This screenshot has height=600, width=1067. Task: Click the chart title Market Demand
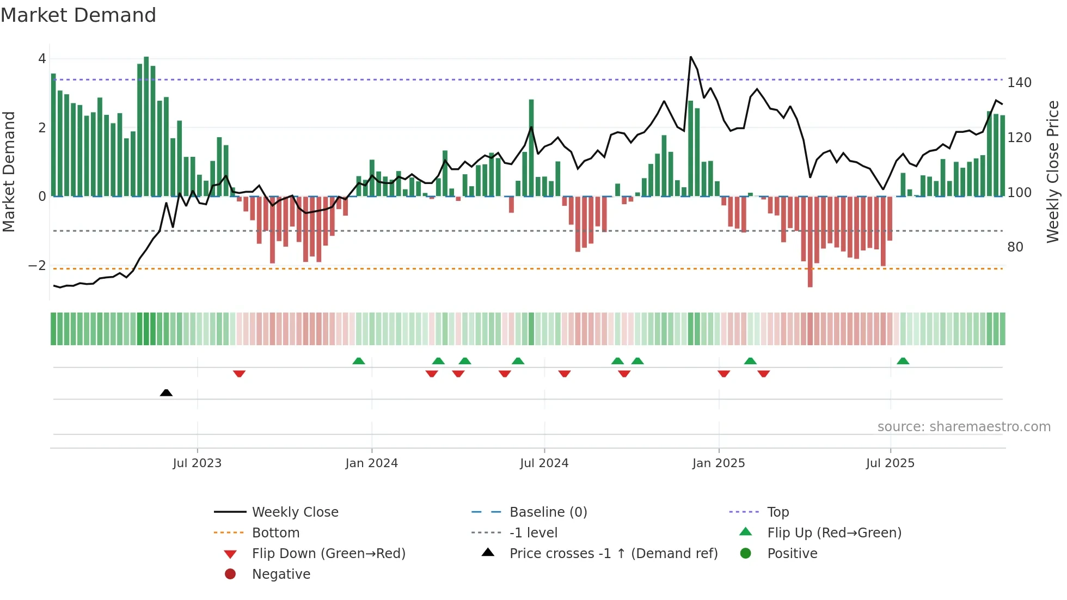(78, 15)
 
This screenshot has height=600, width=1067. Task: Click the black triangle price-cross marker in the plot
(166, 393)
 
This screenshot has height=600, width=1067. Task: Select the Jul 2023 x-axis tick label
(197, 463)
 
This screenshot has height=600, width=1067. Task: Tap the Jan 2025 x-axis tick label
(719, 463)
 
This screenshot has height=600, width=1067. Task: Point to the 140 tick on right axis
(1019, 83)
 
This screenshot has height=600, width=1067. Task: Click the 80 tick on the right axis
(1015, 247)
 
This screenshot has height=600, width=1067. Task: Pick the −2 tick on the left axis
(37, 266)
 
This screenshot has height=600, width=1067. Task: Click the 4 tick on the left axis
(42, 59)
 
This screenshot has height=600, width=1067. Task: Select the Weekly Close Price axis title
(1053, 172)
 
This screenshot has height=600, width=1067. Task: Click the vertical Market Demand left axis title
(9, 172)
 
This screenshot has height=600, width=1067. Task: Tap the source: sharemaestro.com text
(964, 427)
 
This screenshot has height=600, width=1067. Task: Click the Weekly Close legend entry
(295, 512)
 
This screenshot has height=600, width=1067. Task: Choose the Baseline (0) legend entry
(548, 512)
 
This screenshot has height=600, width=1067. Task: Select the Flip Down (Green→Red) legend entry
(328, 554)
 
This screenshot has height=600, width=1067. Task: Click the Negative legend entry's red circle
(230, 574)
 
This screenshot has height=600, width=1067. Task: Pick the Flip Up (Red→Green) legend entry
(834, 533)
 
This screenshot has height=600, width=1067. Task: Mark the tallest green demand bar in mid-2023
(146, 125)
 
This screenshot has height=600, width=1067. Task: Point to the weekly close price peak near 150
(691, 57)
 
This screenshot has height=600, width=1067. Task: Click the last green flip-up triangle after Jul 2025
(903, 361)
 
